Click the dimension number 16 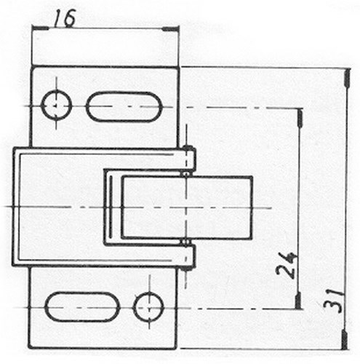click(64, 18)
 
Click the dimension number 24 click(286, 265)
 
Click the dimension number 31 click(334, 301)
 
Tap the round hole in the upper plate click(57, 105)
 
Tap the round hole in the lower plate click(149, 307)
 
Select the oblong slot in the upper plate click(124, 106)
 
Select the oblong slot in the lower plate click(82, 306)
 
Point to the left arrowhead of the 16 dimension click(40, 28)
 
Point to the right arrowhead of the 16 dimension click(170, 29)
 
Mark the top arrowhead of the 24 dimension click(300, 118)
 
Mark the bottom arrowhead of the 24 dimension click(298, 301)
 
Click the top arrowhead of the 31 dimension click(347, 78)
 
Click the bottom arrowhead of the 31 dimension click(344, 340)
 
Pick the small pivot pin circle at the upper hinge click(186, 174)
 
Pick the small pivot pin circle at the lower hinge click(186, 242)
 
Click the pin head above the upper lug click(188, 147)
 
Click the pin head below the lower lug click(186, 269)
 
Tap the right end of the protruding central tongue click(252, 207)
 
